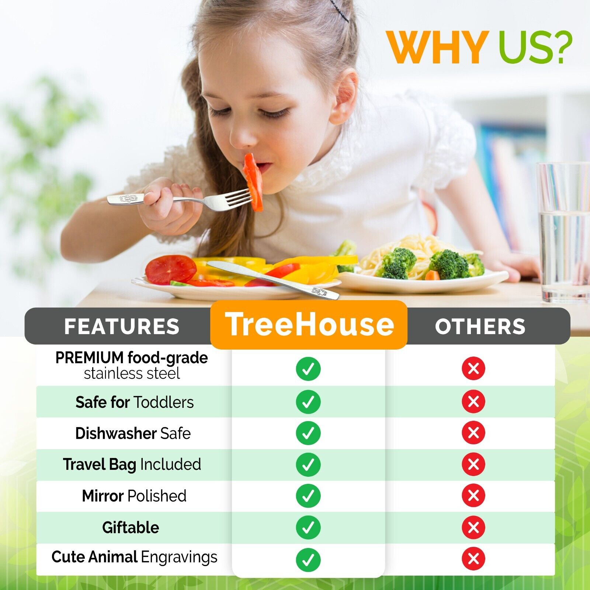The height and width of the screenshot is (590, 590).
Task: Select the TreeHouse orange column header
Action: [309, 324]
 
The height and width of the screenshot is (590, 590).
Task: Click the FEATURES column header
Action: [122, 326]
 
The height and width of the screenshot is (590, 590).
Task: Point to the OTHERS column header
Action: [480, 326]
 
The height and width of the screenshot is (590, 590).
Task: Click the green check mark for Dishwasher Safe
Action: [308, 433]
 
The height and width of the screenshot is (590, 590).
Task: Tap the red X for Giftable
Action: [473, 527]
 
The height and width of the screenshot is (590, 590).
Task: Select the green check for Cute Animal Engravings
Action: [308, 559]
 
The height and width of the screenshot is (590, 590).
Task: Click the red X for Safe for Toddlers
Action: [473, 401]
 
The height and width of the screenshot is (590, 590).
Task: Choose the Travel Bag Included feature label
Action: [132, 465]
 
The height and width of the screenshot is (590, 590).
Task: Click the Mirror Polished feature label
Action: [134, 496]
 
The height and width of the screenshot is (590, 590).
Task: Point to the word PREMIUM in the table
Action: [90, 358]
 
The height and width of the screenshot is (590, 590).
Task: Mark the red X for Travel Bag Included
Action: [473, 464]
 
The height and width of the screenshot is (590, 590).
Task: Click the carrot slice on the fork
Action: [253, 182]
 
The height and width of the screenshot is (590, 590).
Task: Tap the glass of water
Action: [563, 232]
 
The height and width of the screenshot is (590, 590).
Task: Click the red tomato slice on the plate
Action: [170, 270]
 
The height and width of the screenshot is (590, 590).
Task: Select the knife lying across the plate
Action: [273, 280]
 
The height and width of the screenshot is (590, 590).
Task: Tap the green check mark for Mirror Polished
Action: [308, 496]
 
